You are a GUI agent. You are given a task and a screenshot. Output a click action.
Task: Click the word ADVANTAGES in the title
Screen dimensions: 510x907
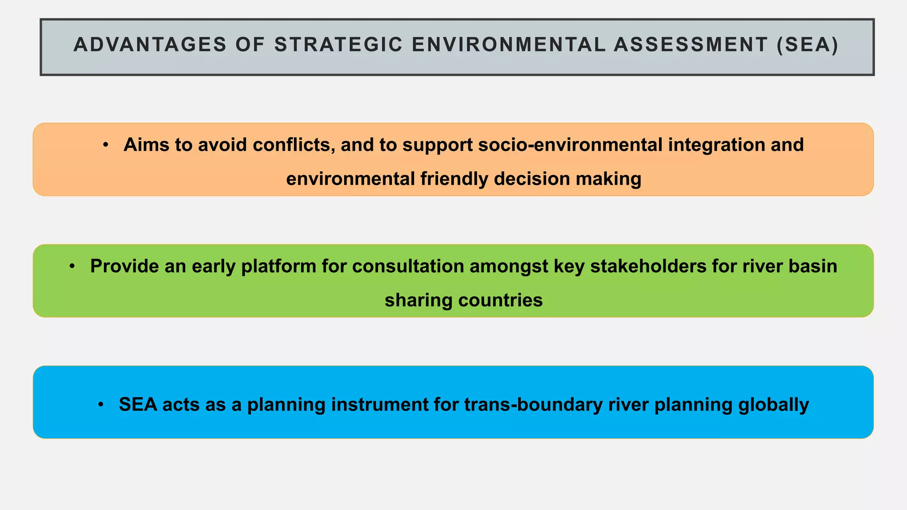(x=150, y=45)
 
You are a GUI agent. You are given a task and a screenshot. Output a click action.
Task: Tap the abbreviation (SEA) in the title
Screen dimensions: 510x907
(x=807, y=45)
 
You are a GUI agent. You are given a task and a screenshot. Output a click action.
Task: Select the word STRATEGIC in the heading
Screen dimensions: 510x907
(x=339, y=45)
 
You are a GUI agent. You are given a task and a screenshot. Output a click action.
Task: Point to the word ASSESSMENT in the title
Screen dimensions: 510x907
(x=691, y=45)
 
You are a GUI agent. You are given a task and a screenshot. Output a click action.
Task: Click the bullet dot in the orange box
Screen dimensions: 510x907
(x=105, y=145)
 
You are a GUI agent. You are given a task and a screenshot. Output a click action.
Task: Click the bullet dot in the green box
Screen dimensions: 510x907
(x=72, y=266)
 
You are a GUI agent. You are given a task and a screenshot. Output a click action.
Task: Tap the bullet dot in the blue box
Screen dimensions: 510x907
(x=101, y=404)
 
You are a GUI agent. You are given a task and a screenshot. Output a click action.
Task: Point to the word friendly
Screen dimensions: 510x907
(x=454, y=179)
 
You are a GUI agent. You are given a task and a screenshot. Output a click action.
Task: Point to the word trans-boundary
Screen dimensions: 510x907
(x=533, y=404)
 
